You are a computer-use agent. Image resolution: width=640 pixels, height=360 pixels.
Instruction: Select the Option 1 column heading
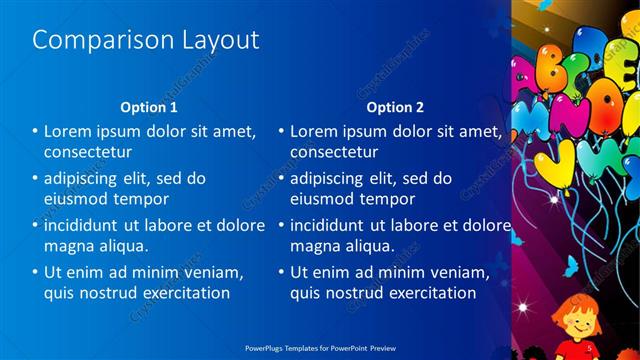pyautogui.click(x=149, y=107)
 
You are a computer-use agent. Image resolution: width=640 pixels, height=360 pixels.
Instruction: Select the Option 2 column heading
pyautogui.click(x=395, y=107)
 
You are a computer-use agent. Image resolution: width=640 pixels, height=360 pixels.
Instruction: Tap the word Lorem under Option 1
pyautogui.click(x=69, y=131)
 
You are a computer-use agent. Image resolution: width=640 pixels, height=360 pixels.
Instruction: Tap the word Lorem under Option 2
pyautogui.click(x=315, y=131)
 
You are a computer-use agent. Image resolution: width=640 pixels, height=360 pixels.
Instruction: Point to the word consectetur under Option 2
pyautogui.click(x=334, y=152)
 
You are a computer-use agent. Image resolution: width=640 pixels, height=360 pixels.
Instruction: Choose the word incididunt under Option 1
pyautogui.click(x=90, y=225)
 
